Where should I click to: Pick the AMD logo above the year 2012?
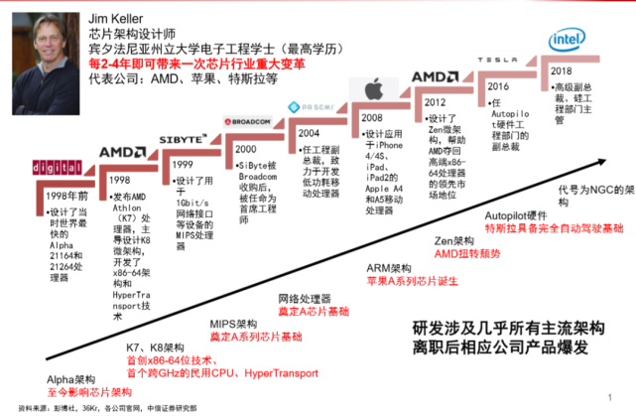tap(433, 76)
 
